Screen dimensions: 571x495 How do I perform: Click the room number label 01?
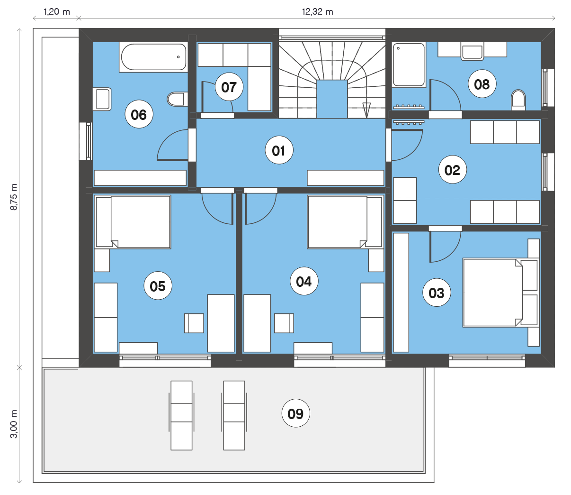279,150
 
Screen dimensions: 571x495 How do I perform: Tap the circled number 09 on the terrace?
295,413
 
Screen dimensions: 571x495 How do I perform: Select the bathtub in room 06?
153,57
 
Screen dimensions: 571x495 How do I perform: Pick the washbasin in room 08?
473,51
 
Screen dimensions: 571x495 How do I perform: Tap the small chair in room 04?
284,323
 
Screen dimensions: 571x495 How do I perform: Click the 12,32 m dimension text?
317,12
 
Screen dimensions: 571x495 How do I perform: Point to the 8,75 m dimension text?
14,197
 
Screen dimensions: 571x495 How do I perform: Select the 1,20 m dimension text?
57,12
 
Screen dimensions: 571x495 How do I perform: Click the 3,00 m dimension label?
14,424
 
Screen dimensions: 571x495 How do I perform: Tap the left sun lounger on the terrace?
181,415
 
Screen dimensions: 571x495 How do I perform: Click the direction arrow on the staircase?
366,110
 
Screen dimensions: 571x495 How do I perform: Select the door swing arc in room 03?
446,247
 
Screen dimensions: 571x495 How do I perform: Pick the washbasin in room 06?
102,99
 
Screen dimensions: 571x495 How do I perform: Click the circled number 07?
229,87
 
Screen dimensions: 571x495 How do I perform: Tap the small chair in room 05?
194,323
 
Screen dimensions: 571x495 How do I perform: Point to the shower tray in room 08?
409,65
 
